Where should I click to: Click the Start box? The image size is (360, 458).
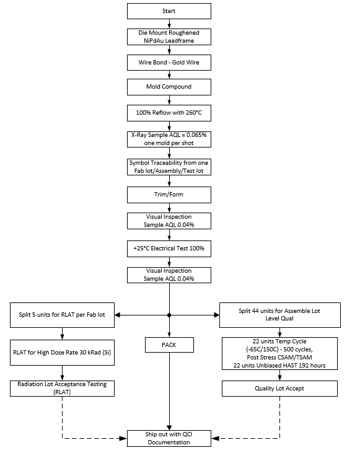tap(169, 11)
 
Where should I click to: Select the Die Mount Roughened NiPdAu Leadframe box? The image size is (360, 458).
tap(169, 37)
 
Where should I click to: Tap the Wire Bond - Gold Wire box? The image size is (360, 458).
tap(169, 63)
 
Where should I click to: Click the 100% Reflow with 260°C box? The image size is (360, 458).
tap(169, 114)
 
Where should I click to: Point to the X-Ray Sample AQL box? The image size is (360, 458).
tap(169, 139)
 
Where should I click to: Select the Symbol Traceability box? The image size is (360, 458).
tap(169, 167)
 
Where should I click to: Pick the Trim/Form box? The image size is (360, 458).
tap(169, 195)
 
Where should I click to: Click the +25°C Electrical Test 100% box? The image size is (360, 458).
tap(169, 248)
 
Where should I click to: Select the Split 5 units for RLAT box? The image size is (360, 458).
tap(63, 315)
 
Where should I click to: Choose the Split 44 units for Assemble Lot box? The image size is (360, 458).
tap(279, 315)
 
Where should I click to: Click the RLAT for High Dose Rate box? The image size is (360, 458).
tap(63, 353)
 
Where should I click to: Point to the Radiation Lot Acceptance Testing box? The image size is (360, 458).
tap(63, 388)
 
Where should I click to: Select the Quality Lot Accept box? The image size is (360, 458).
tap(279, 388)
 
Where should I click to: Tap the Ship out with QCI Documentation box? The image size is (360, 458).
tap(169, 437)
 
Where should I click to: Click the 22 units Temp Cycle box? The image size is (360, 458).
tap(279, 353)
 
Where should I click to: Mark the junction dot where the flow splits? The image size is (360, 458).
tap(169, 315)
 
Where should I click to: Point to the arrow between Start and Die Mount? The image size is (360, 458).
tap(169, 23)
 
